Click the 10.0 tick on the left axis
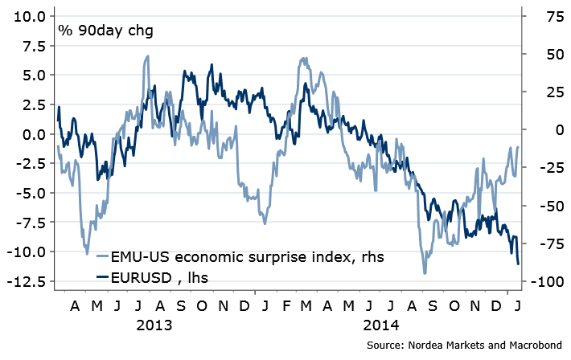[28, 15]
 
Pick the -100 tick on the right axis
[543, 282]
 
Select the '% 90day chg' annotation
[105, 31]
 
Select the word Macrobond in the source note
[533, 345]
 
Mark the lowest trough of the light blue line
[425, 273]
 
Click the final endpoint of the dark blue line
[518, 264]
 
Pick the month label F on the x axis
[285, 306]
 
